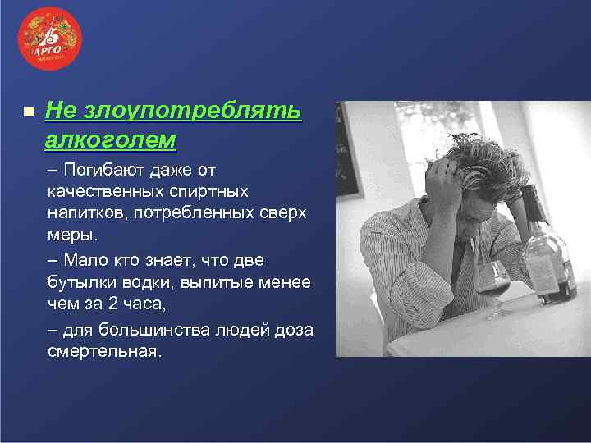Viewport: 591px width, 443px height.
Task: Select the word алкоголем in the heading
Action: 111,139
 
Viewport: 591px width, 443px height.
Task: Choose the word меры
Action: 70,234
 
